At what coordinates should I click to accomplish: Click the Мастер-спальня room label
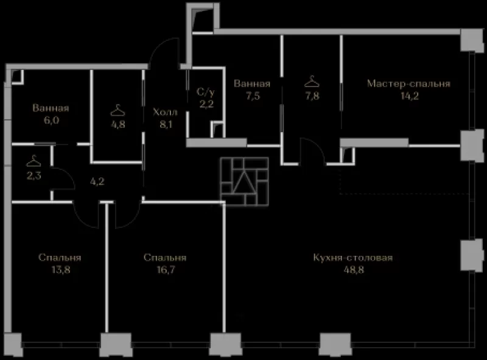[408, 83]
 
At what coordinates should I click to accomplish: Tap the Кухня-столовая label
[353, 258]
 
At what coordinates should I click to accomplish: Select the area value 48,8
[354, 269]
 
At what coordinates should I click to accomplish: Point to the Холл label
[165, 112]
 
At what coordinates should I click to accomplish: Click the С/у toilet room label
[206, 92]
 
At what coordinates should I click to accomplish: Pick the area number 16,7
[166, 269]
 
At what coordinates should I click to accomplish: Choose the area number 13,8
[61, 269]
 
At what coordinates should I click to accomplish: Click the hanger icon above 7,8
[312, 82]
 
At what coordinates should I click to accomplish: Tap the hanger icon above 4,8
[117, 110]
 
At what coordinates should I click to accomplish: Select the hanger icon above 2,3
[33, 161]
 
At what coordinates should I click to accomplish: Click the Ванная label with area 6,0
[51, 108]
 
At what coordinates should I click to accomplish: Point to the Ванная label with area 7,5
[252, 83]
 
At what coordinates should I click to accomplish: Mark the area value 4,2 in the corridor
[97, 182]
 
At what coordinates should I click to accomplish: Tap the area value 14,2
[410, 96]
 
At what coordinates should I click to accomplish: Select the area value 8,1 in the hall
[166, 124]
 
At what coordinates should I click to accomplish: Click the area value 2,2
[206, 104]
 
